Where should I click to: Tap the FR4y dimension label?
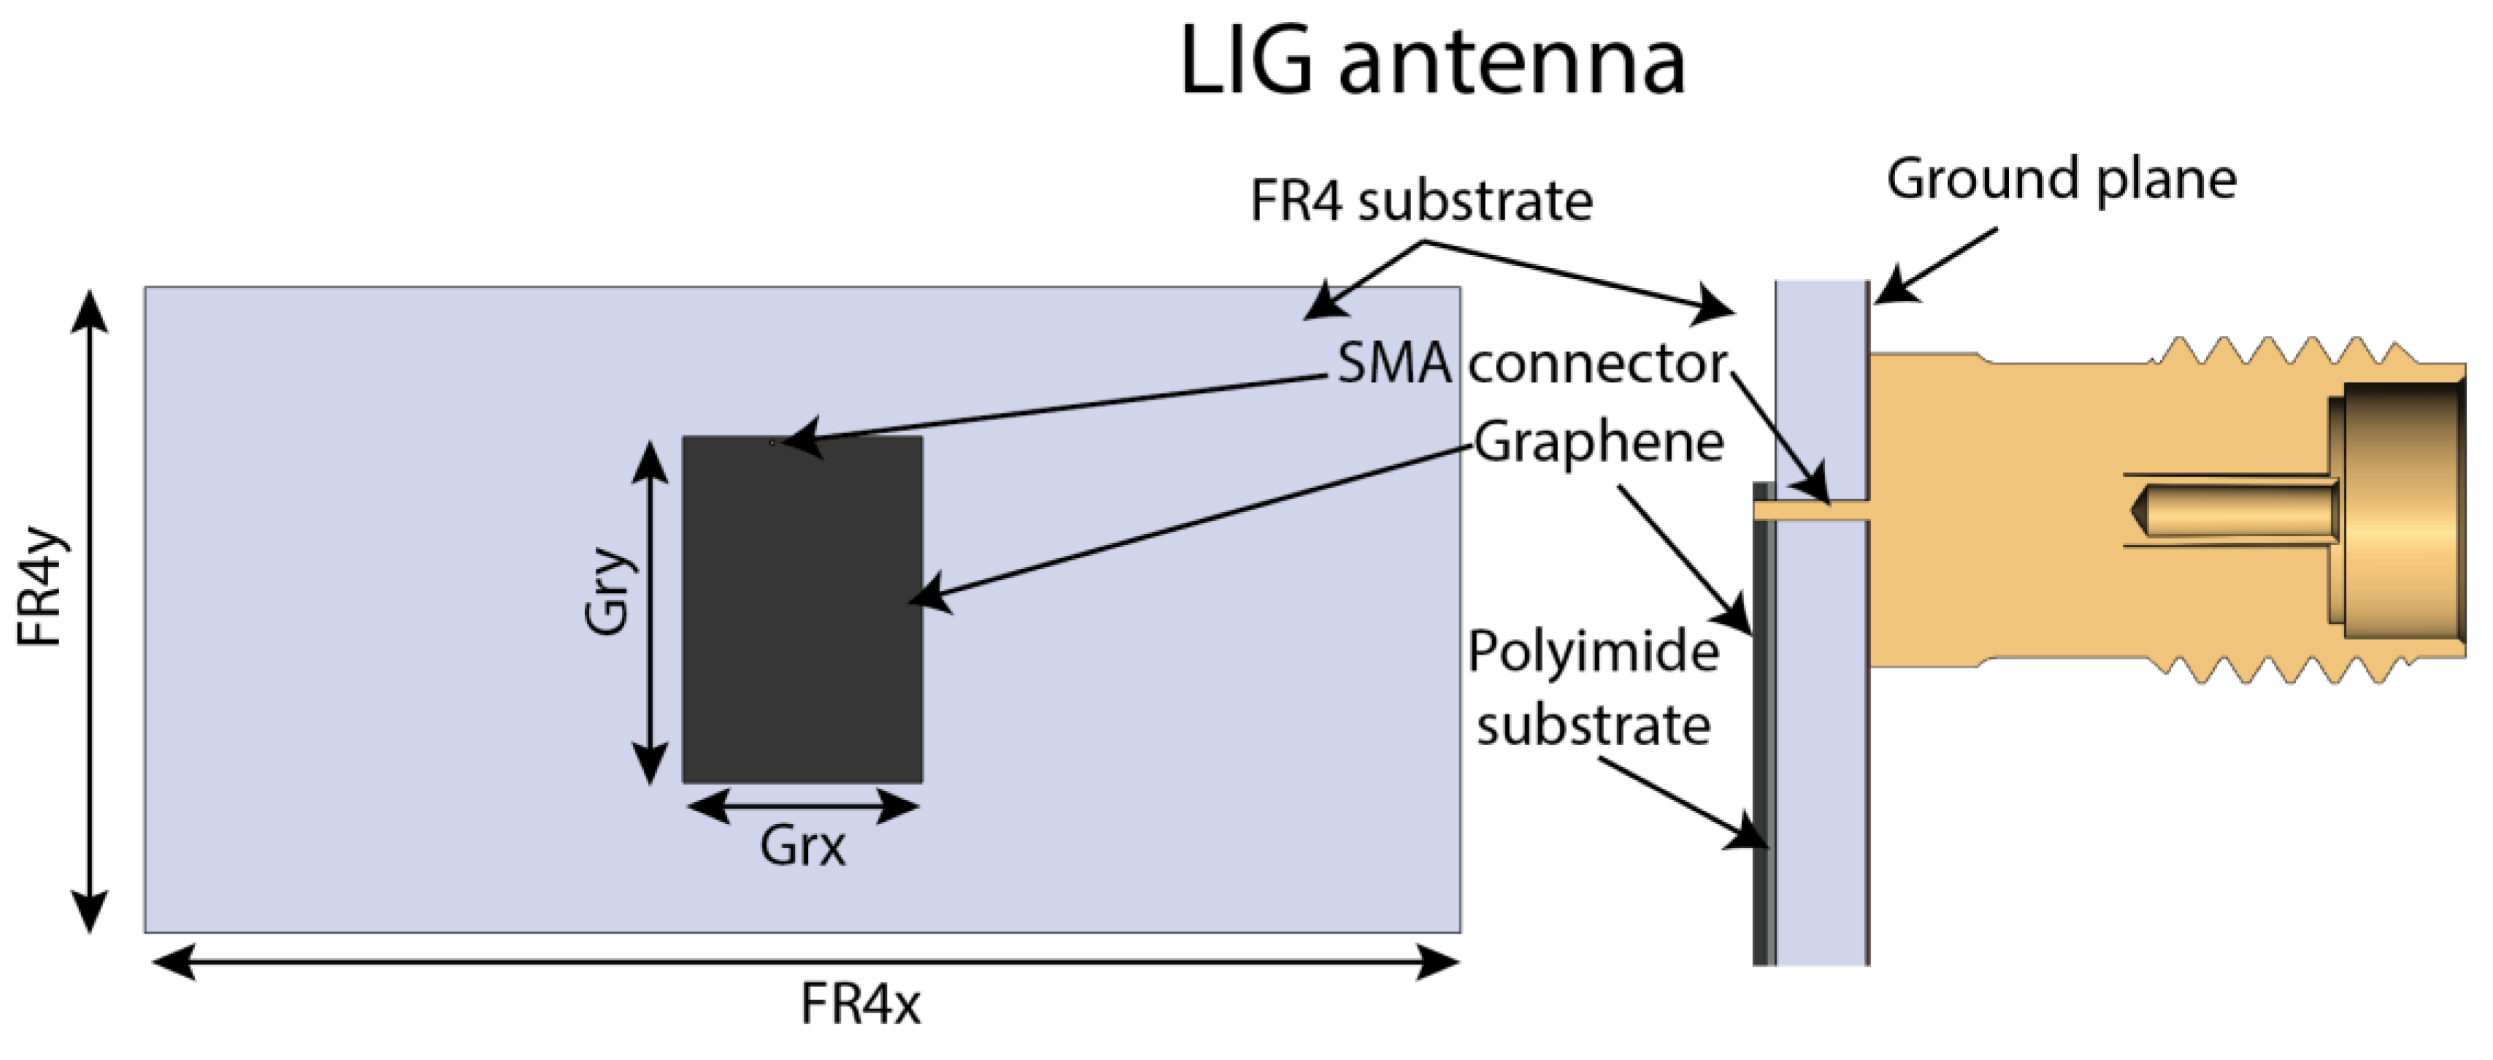pyautogui.click(x=41, y=586)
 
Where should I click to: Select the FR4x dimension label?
pyautogui.click(x=859, y=1004)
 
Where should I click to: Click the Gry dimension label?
pyautogui.click(x=608, y=590)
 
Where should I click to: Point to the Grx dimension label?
pyautogui.click(x=802, y=846)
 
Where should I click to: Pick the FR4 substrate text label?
pyautogui.click(x=1421, y=202)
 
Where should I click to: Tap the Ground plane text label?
pyautogui.click(x=2062, y=179)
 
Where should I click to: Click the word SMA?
pyautogui.click(x=1394, y=364)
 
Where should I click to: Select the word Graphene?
pyautogui.click(x=1599, y=441)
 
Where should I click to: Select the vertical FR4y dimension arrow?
pyautogui.click(x=90, y=610)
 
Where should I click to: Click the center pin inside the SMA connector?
pyautogui.click(x=2235, y=510)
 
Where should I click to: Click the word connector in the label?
pyautogui.click(x=1597, y=364)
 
